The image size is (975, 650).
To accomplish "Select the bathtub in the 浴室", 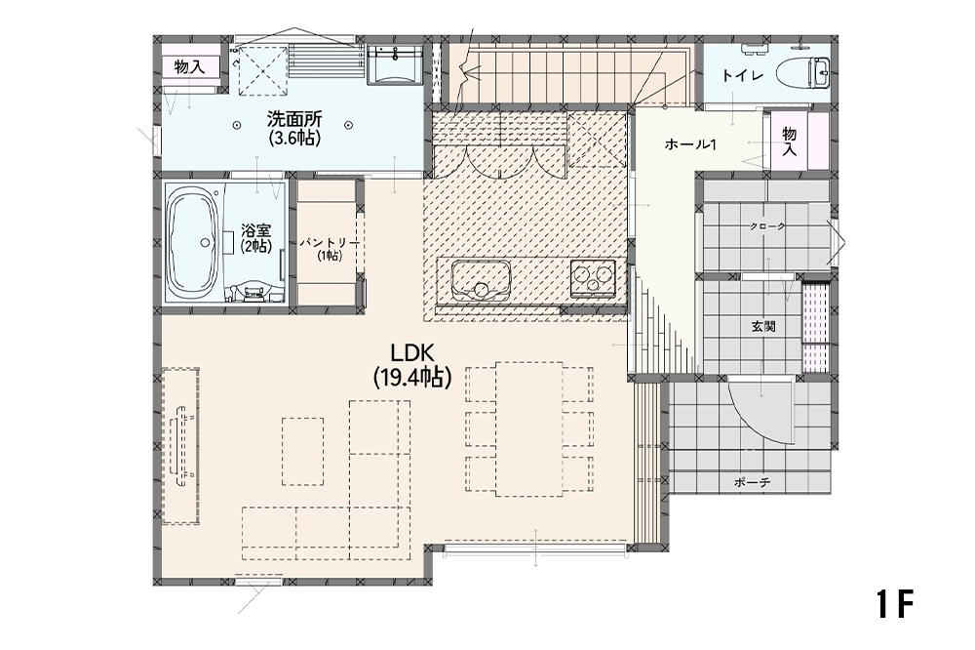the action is coord(194,243).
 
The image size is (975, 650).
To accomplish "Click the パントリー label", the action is coord(330,243).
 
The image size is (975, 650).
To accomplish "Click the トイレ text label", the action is coord(742,76).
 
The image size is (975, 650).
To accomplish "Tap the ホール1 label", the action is coord(691,144).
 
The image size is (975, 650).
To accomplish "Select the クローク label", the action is coord(767,226).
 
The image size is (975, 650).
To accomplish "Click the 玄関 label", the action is coord(763,326).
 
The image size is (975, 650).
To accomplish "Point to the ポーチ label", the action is coord(752,481).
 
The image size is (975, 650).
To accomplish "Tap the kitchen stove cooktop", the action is coord(593,276).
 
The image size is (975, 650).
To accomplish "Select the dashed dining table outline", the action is coord(529,429).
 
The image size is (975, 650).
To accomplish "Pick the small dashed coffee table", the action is coord(303,451).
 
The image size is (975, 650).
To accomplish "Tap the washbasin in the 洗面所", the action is coord(395,64).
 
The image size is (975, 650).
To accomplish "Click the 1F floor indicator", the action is coord(895,603).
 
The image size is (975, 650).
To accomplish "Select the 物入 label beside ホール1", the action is coord(789,142).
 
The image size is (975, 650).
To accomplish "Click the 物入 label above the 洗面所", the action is coord(190,66).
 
